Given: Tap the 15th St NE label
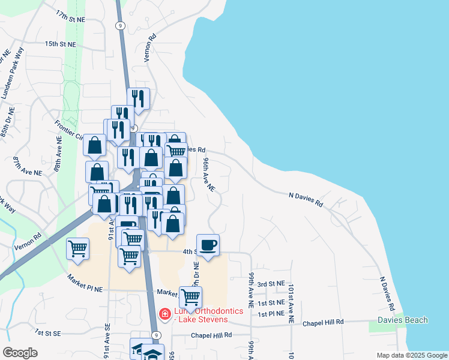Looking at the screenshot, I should pos(61,44).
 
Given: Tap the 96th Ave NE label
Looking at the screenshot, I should pos(208,175).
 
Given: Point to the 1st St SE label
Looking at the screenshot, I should pos(48,332).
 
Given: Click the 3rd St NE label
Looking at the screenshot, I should pos(270,284).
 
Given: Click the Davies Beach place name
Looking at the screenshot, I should pos(402,320).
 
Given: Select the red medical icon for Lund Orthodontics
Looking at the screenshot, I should pos(164,314).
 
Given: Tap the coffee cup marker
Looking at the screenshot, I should pos(208,245).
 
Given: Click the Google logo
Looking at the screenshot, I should pos(20,353).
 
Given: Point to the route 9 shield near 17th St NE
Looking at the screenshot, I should pos(121,25).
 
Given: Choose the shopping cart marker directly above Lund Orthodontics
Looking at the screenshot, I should pos(191,296).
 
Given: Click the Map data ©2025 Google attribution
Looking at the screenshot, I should pos(411,355).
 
